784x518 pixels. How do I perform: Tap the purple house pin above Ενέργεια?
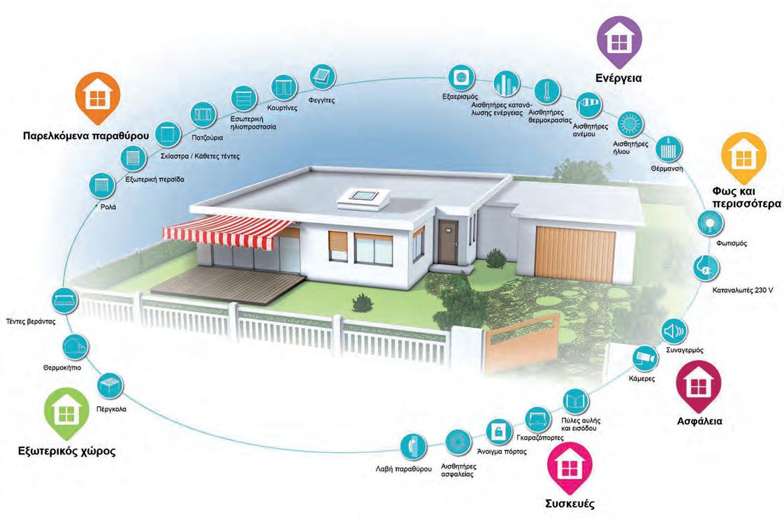coord(618,40)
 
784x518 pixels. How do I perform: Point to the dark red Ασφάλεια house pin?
coord(699,384)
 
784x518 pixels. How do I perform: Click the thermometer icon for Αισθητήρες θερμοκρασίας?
coord(543,92)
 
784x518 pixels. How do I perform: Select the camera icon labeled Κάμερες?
coord(644,357)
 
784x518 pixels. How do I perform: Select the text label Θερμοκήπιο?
coord(64,366)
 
